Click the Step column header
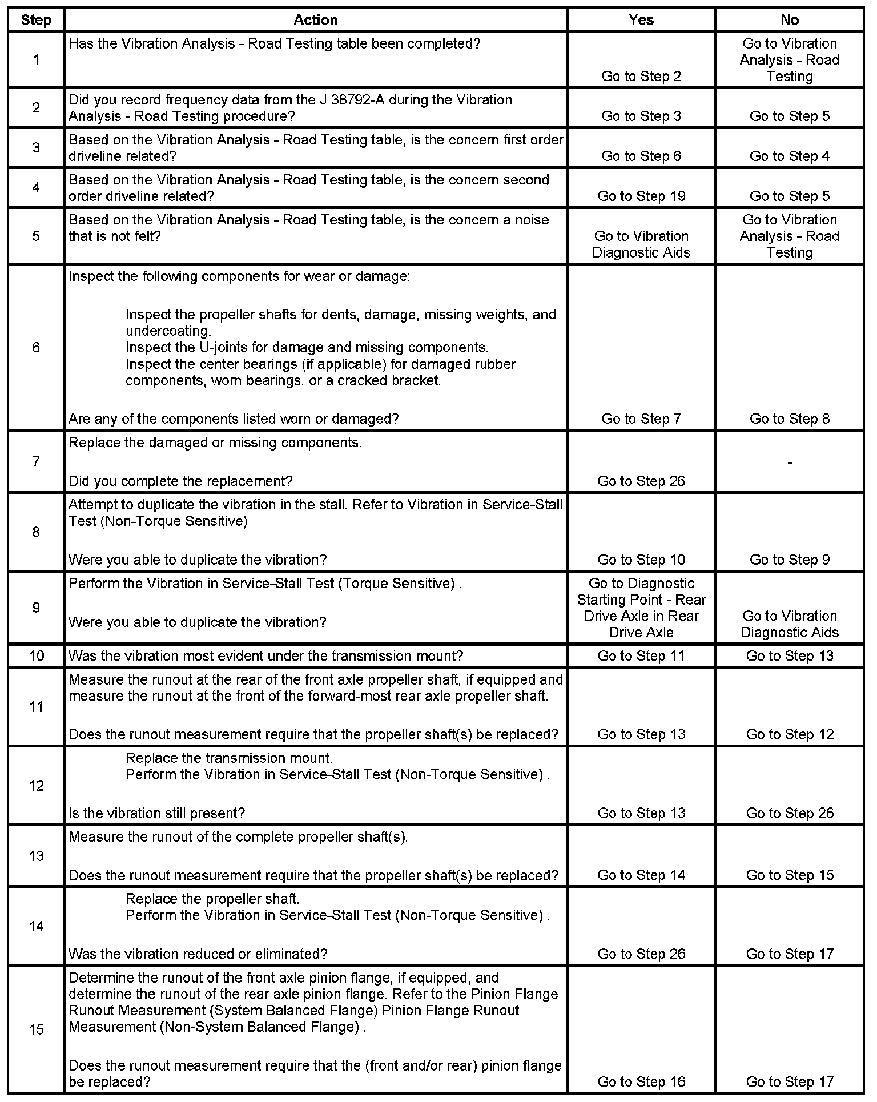[36, 20]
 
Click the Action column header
[316, 20]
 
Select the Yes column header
[641, 20]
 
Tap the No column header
[790, 20]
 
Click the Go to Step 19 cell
[641, 196]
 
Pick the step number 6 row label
[36, 347]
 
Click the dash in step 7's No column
[790, 461]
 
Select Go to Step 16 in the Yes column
[641, 1081]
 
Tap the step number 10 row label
[36, 655]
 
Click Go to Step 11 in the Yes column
[641, 655]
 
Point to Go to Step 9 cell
[790, 560]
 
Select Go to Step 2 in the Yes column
[641, 76]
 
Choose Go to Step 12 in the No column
[790, 734]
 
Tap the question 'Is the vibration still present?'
[156, 813]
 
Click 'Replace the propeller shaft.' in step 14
[212, 899]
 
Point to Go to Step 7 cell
[641, 419]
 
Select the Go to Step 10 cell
[641, 560]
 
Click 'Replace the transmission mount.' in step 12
[229, 758]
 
